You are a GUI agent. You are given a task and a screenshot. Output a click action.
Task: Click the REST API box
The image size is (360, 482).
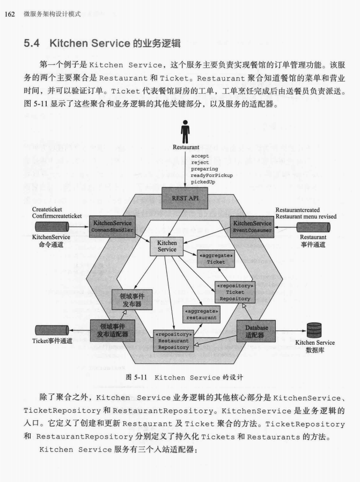[x=184, y=198]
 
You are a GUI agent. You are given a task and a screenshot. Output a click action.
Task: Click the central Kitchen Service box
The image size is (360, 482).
[x=167, y=246]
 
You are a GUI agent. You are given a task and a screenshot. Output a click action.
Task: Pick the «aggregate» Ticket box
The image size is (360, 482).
[x=216, y=258]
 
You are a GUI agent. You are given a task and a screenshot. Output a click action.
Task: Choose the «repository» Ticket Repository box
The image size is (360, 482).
[x=235, y=292]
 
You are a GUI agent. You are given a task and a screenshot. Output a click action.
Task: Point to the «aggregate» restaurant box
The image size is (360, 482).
[x=201, y=314]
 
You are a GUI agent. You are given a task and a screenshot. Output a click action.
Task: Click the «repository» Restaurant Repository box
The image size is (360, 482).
[x=173, y=340]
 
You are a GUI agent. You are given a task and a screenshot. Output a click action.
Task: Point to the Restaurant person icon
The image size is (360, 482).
[x=186, y=131]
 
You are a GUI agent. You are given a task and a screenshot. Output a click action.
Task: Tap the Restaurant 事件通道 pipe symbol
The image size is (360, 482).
[x=313, y=227]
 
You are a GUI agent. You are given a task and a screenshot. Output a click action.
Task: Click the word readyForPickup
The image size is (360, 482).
[x=212, y=175]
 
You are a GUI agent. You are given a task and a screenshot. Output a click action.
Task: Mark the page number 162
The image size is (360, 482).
[x=9, y=13]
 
